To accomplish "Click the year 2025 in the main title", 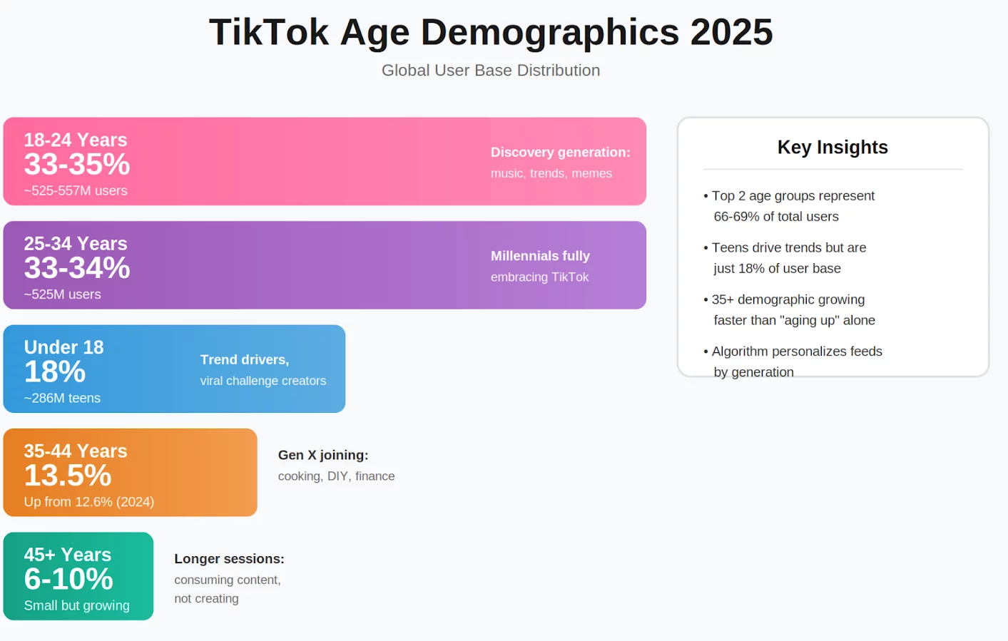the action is [731, 32].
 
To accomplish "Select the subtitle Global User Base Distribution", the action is [491, 70].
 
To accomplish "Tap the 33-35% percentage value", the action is [77, 164].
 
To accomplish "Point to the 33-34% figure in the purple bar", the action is [77, 267].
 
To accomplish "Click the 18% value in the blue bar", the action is [54, 371].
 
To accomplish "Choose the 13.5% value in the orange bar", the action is [68, 475].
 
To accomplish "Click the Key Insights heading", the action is [833, 147].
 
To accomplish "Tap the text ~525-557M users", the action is [76, 190].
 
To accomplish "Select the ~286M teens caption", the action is [62, 398].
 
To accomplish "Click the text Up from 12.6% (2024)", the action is [89, 501].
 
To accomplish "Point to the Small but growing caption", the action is [77, 605].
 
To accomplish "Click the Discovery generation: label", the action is [560, 152].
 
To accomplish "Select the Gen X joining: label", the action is [323, 455].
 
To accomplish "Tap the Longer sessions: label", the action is [229, 559].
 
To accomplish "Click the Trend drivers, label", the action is [245, 359].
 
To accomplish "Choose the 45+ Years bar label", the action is [68, 555].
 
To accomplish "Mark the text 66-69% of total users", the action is [776, 216].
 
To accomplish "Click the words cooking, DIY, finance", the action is [336, 476].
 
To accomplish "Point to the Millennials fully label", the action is [540, 255].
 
